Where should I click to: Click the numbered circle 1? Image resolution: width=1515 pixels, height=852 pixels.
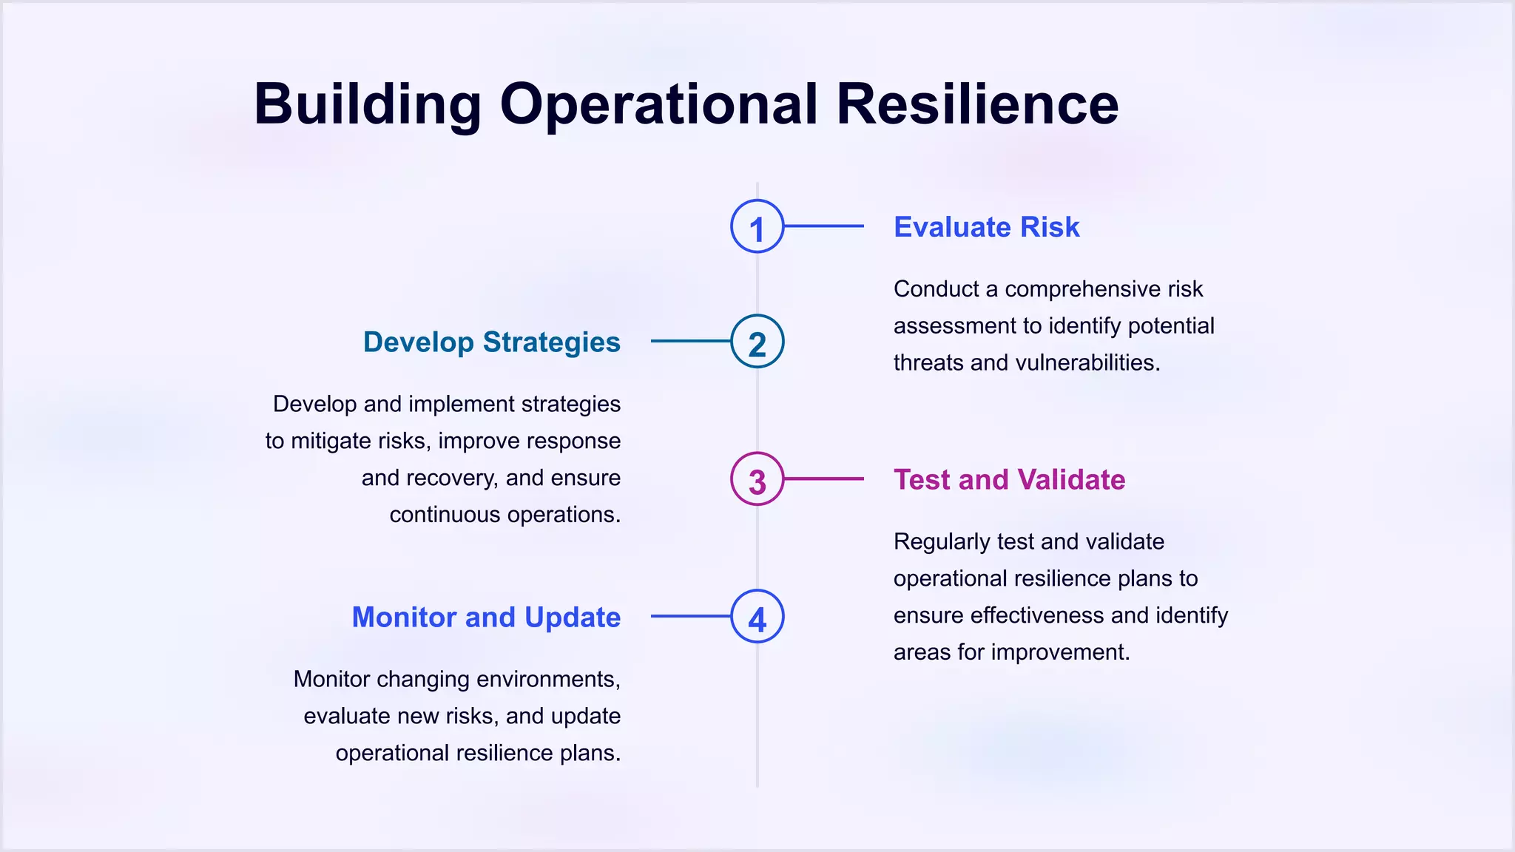(x=757, y=226)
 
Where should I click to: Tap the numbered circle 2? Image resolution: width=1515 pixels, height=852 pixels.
(x=757, y=342)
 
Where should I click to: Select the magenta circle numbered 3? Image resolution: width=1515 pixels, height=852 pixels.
(x=757, y=479)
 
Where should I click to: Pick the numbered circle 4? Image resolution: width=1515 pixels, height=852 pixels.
(x=757, y=617)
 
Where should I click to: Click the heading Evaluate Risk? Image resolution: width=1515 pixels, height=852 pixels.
(x=986, y=227)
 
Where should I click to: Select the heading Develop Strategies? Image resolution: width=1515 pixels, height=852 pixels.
(x=491, y=342)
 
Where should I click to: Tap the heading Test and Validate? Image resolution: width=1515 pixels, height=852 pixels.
(x=1009, y=480)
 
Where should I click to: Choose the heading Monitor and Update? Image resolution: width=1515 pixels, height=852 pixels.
(x=486, y=618)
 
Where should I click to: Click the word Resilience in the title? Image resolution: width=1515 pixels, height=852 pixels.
(x=977, y=104)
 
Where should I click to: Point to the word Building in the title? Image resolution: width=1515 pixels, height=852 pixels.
(x=368, y=104)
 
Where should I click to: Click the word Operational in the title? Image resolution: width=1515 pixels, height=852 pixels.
(x=659, y=104)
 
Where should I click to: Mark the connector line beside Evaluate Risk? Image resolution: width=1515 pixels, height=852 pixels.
(x=823, y=226)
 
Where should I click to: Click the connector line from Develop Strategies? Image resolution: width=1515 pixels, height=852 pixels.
(x=691, y=342)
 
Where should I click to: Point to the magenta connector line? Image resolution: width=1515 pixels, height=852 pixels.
(x=823, y=479)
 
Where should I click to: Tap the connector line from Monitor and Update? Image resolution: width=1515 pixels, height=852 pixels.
(x=691, y=617)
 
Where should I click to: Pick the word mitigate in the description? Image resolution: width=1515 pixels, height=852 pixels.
(x=331, y=442)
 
